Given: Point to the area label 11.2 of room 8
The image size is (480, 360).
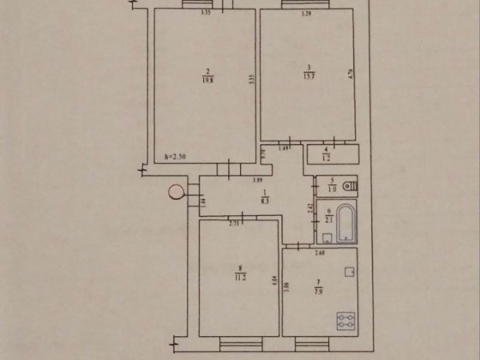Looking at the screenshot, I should [x=241, y=278].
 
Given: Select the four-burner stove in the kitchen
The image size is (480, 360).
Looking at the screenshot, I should [x=347, y=321].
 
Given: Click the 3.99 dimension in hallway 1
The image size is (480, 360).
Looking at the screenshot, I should [x=257, y=180].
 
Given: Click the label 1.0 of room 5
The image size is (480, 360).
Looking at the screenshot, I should [x=327, y=187].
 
